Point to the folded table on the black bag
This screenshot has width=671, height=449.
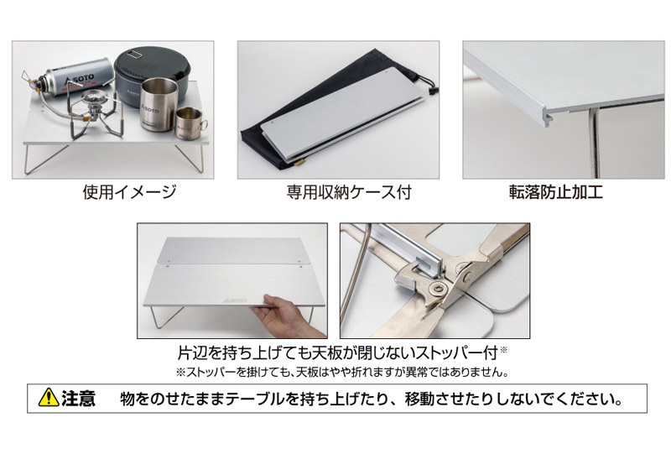tap(335, 117)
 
